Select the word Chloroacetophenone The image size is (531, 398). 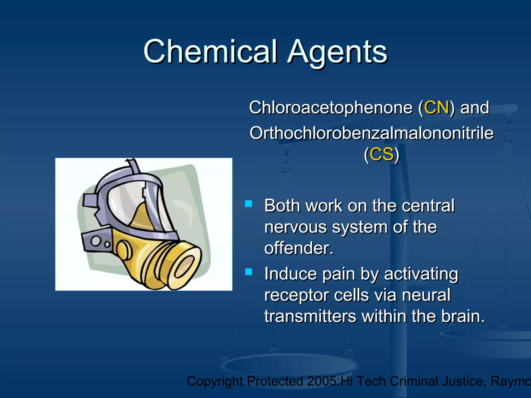pos(331,108)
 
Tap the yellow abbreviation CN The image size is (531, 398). pos(436,108)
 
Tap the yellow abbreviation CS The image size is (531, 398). pos(381,154)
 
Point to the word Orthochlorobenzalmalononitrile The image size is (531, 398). pos(371,133)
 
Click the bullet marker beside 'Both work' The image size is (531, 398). pos(248,204)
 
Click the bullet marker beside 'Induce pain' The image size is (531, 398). pos(248,272)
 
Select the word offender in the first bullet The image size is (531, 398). pos(298,248)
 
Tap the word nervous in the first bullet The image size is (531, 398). pos(295,227)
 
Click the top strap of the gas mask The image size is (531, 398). pos(134,166)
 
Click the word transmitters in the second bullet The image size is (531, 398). pos(310,316)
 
